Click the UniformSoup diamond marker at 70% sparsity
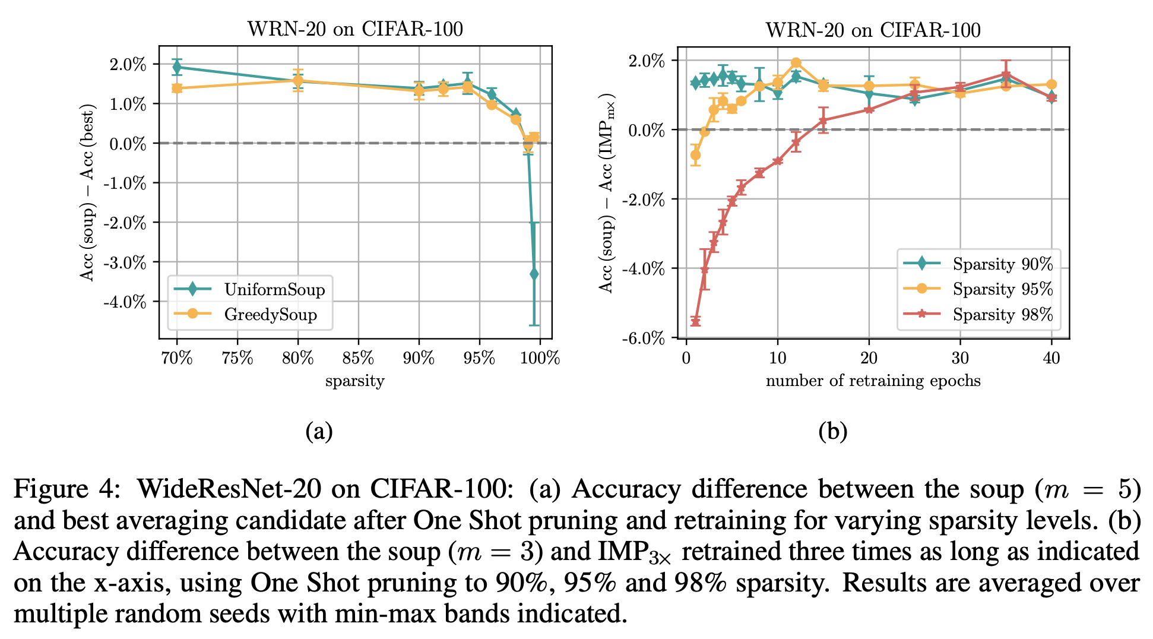177,67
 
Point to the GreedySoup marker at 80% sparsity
298,80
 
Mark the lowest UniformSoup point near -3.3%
534,274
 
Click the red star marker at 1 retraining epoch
695,321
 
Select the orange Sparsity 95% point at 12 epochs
796,63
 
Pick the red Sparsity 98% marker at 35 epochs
1006,75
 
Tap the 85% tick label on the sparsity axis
359,358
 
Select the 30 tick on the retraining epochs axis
960,358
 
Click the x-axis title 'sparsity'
354,381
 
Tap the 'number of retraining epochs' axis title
873,381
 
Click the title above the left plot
355,29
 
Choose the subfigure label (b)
832,431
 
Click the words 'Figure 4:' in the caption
67,489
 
